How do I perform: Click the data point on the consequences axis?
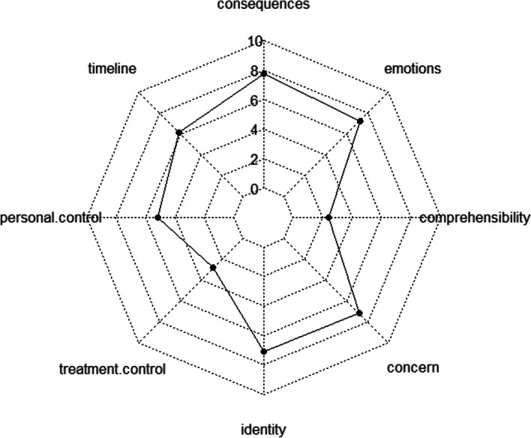click(264, 73)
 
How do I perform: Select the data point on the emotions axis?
click(361, 121)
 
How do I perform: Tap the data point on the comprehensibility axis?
click(329, 218)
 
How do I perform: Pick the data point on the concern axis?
click(359, 313)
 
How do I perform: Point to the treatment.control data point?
click(214, 268)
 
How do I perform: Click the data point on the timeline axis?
click(178, 133)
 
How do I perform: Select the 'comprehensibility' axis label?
click(475, 218)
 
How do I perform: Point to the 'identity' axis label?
click(262, 430)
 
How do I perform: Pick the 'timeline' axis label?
click(111, 69)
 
